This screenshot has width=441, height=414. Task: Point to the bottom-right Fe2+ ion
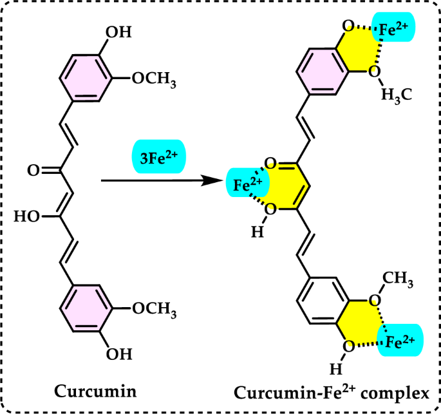401,339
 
